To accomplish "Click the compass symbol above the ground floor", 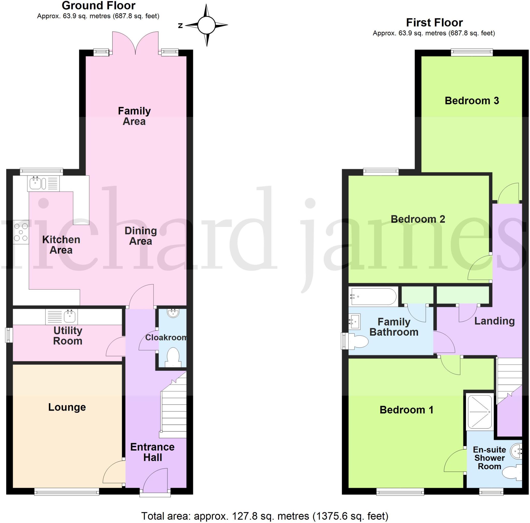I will [x=206, y=25].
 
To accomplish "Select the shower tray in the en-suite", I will [x=480, y=412].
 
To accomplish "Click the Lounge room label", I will [x=67, y=407].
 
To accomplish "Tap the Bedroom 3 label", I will [x=472, y=101].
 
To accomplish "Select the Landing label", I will [x=494, y=321].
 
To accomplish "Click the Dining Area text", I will [x=141, y=236].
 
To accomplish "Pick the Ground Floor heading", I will [x=99, y=5].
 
